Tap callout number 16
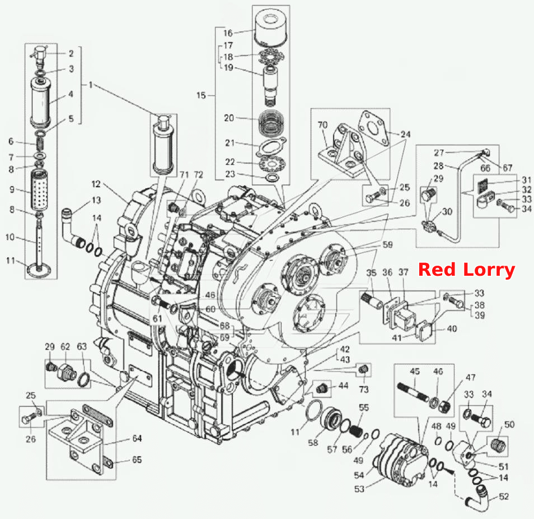tap(228, 33)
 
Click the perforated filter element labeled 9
tap(39, 190)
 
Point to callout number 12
tap(96, 184)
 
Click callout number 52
tap(504, 497)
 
